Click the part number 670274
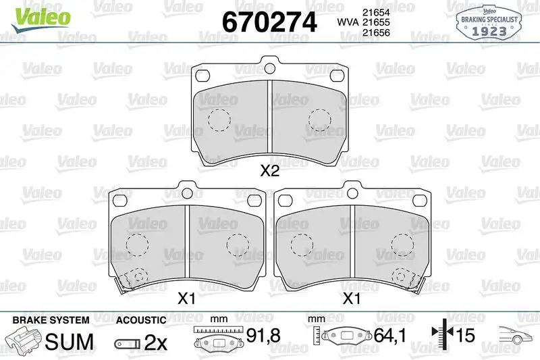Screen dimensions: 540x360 point(269,22)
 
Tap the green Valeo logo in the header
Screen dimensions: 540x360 point(41,19)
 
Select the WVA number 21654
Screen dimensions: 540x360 point(376,12)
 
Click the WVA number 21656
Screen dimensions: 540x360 point(376,32)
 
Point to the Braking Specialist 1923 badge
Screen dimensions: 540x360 point(489,23)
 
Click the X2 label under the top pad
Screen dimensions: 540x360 point(269,170)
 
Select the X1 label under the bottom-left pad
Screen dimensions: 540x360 point(186,298)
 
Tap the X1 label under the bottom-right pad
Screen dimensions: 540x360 point(352,298)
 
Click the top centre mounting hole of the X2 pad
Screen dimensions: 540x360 point(269,68)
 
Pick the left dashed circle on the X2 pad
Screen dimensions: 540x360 point(219,120)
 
